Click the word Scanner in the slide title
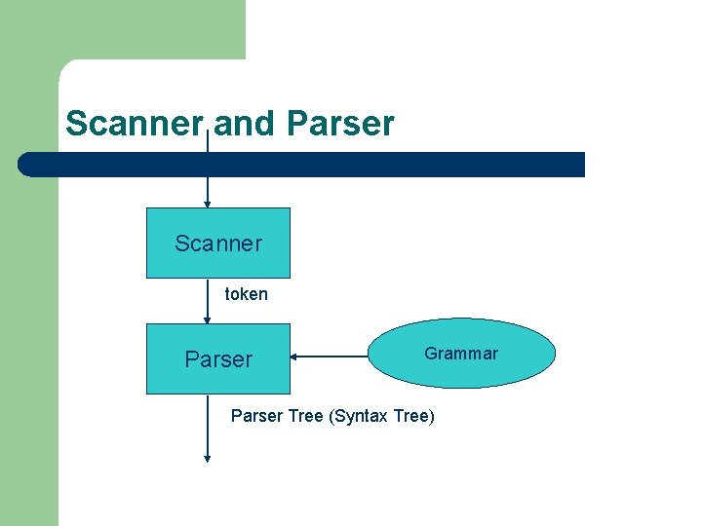click(134, 124)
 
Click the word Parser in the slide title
click(341, 124)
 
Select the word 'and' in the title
click(246, 124)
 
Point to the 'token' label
click(246, 293)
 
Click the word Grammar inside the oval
click(461, 354)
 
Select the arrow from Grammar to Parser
click(331, 357)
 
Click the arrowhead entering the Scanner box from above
click(207, 204)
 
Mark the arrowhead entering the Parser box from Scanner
click(207, 319)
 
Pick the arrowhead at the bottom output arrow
click(207, 458)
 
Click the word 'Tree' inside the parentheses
click(411, 416)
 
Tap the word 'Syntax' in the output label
click(363, 416)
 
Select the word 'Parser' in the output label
click(255, 416)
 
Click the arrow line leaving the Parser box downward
click(207, 429)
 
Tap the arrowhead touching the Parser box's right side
click(294, 357)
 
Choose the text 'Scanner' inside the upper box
click(218, 244)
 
